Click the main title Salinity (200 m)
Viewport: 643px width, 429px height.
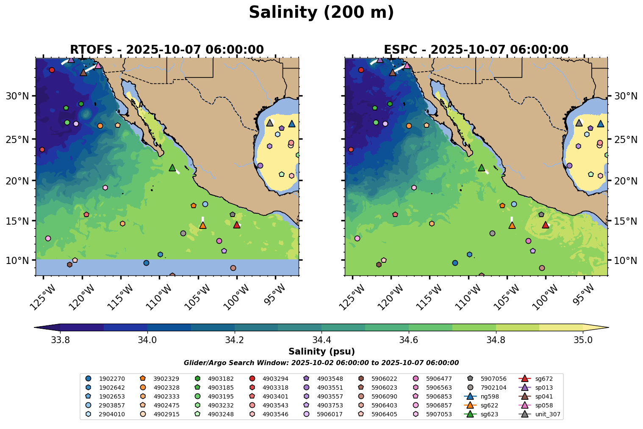pos(321,12)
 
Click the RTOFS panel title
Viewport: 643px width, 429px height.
pos(167,50)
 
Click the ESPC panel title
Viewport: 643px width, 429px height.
pos(476,50)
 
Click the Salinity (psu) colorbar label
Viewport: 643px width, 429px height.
pos(321,352)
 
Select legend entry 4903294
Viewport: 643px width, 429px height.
pos(275,379)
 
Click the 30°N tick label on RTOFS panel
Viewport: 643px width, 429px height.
pos(17,96)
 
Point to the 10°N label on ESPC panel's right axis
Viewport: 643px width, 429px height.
pos(625,260)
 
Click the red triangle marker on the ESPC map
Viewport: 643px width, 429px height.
pos(546,225)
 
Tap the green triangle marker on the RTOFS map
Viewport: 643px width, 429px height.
pos(172,168)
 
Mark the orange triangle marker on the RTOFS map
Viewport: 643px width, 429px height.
pos(203,225)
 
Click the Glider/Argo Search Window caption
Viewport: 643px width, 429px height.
pos(321,363)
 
